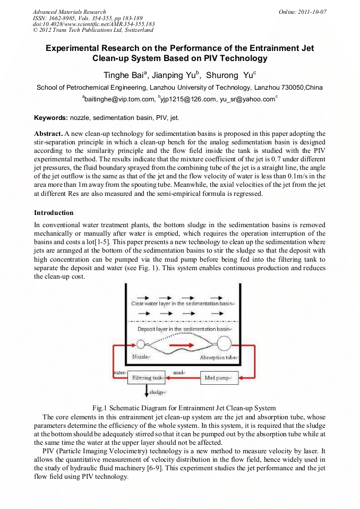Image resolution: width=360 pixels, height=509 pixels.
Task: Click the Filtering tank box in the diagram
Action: coord(150,378)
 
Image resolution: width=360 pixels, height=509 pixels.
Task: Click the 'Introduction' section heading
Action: coord(54,213)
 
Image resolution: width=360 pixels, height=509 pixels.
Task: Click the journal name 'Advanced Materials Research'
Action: coord(69,12)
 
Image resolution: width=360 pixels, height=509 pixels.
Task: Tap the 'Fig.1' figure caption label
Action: coord(100,408)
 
